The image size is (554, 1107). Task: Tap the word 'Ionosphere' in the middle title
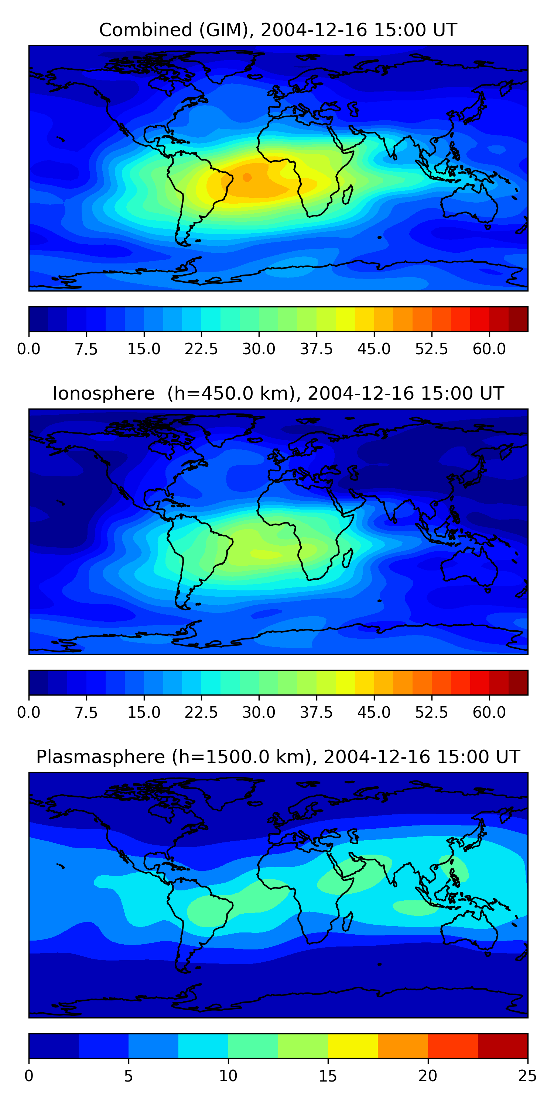(103, 394)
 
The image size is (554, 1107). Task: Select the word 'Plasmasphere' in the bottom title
(100, 757)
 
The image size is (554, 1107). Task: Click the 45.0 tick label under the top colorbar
(374, 349)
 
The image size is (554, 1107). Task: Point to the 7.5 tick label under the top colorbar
(86, 349)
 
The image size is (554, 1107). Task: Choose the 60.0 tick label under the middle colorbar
(489, 713)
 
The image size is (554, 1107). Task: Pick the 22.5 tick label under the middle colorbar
(201, 713)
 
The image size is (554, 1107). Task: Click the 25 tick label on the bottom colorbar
(527, 1076)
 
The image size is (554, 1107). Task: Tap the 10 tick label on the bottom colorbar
(228, 1076)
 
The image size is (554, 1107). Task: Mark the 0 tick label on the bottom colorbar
(29, 1076)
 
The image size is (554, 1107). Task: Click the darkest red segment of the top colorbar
(518, 319)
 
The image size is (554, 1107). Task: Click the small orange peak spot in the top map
(247, 177)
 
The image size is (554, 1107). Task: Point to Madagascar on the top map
(348, 194)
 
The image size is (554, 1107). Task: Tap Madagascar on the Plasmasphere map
(348, 921)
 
